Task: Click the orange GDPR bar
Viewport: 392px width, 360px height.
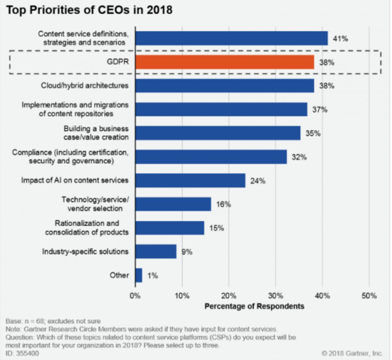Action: coord(225,62)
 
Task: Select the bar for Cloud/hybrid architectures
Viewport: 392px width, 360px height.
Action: coord(225,86)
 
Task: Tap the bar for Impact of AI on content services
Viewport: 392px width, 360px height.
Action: coord(190,180)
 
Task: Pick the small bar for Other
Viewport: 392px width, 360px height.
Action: coord(139,275)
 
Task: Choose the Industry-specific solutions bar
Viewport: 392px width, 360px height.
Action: coord(156,251)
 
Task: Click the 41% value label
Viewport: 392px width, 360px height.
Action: coord(341,39)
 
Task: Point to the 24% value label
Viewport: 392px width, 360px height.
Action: coord(258,181)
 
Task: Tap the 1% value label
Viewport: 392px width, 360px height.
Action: coord(152,276)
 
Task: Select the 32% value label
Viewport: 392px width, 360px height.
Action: coord(299,157)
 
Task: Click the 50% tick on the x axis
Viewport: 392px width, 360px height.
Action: coord(369,296)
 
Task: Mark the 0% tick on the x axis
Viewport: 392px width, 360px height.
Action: coord(135,296)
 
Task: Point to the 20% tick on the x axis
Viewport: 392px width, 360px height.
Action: coord(229,296)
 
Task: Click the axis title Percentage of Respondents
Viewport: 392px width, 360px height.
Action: coord(254,306)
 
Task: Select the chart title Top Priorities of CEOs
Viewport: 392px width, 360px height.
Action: coord(89,10)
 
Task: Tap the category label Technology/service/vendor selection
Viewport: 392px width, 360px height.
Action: coord(95,204)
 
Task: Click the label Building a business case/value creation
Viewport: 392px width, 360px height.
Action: coord(96,133)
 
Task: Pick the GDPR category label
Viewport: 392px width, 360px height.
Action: coord(118,62)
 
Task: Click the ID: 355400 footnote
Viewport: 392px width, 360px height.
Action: coord(22,353)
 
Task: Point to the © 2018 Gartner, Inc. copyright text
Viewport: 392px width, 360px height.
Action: coord(352,353)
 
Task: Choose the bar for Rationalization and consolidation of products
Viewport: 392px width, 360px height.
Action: coord(170,228)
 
